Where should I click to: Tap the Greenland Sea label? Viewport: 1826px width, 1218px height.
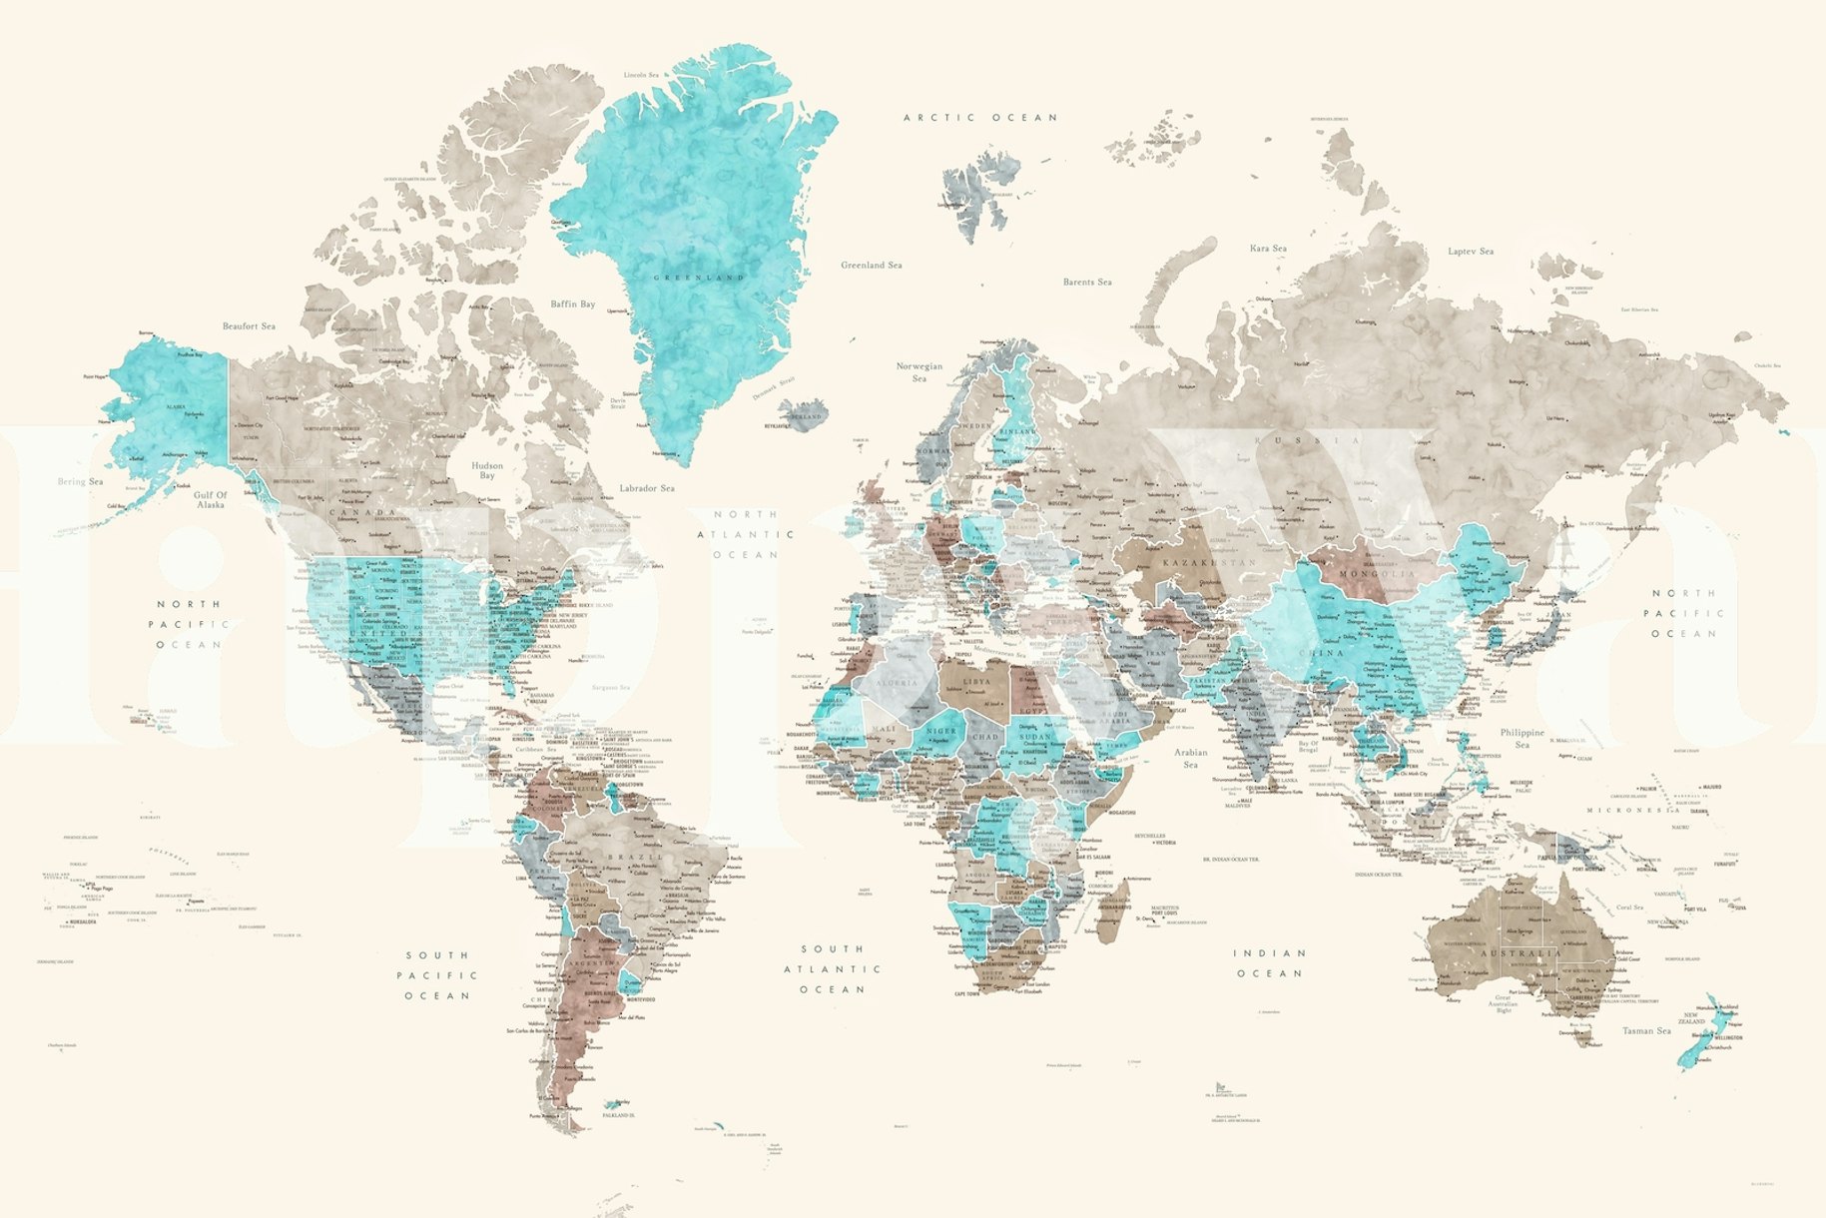coord(871,266)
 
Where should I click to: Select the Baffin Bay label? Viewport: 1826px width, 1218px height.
coord(572,304)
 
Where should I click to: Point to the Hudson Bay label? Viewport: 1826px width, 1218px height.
coord(487,470)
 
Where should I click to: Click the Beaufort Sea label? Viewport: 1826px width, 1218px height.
coord(249,326)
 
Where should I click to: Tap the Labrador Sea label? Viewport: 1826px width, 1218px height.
coord(647,488)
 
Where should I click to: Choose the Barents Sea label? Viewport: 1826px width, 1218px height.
coord(1087,283)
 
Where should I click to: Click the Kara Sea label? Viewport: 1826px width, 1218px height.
coord(1268,249)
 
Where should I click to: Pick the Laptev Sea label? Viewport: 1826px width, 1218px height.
coord(1471,252)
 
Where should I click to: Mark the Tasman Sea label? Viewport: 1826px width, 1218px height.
coord(1645,1030)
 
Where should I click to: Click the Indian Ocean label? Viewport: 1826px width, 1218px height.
coord(1270,963)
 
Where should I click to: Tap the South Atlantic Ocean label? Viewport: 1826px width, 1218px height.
coord(832,968)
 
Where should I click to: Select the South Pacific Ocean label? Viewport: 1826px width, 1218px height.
coord(437,975)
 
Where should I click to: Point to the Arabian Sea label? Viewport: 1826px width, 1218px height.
coord(1190,758)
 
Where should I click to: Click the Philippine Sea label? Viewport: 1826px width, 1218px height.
coord(1522,738)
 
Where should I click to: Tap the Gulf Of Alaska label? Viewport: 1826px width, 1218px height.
coord(211,500)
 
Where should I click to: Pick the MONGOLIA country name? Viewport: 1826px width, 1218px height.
coord(1377,575)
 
